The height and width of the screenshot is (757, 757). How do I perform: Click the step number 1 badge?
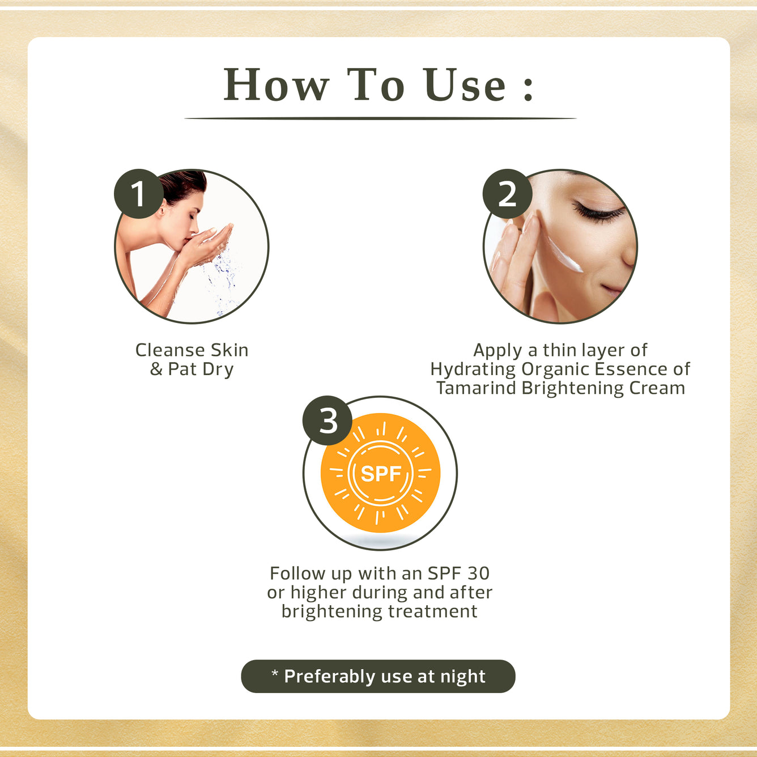(139, 194)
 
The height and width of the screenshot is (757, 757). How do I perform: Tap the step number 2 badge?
(507, 194)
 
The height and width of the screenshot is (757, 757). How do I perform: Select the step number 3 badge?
(328, 420)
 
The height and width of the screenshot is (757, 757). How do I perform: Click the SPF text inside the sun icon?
(381, 474)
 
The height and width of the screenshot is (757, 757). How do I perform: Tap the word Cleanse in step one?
(170, 350)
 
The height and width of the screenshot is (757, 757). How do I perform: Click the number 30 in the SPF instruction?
(478, 573)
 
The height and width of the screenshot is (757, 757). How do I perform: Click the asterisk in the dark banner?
(275, 673)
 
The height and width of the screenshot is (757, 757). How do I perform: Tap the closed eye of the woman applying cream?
(598, 214)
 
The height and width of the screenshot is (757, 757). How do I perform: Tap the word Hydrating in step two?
(473, 369)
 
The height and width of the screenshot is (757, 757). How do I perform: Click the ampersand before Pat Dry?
(156, 369)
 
